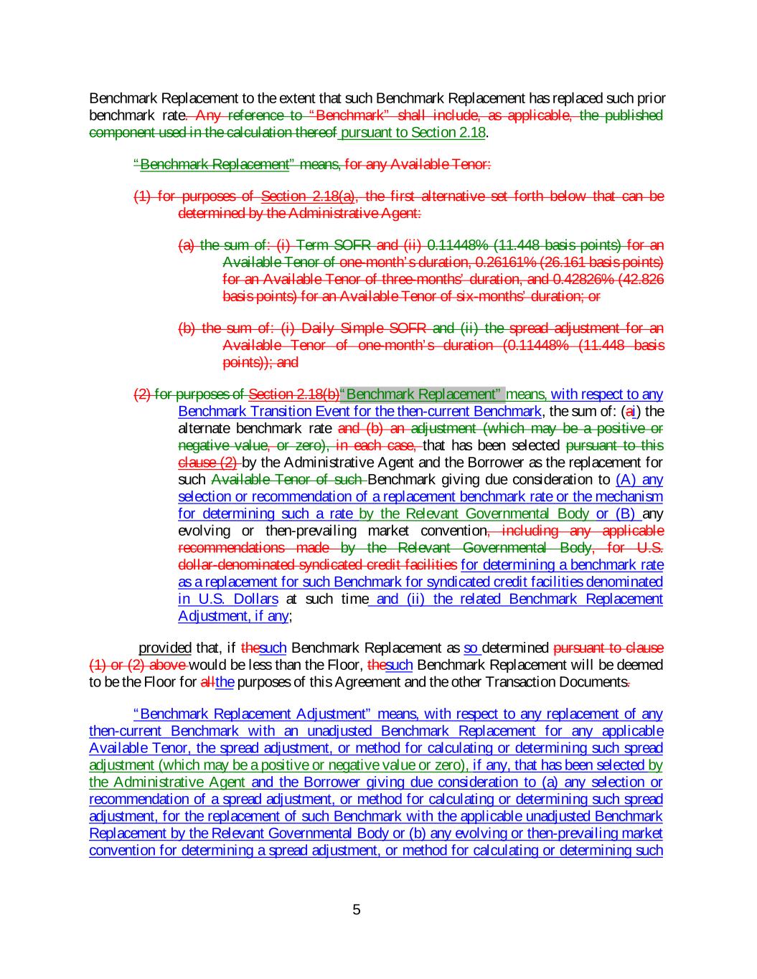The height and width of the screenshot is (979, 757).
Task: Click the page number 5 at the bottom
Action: [357, 910]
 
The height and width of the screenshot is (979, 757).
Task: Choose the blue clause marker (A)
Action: [627, 480]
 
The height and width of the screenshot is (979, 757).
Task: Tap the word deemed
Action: [643, 665]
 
